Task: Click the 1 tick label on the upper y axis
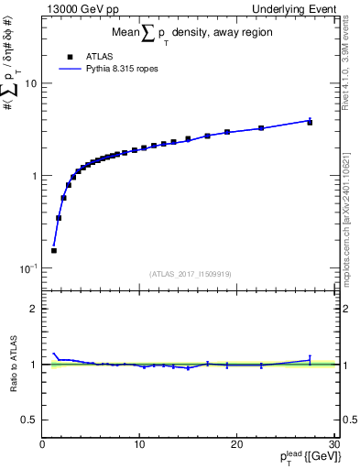click(x=33, y=176)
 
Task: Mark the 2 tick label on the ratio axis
click(x=34, y=309)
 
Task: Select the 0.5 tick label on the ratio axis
click(x=29, y=420)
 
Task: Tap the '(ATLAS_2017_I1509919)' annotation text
click(x=189, y=273)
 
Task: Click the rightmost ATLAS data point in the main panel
click(x=310, y=122)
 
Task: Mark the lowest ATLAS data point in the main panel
click(x=54, y=250)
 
